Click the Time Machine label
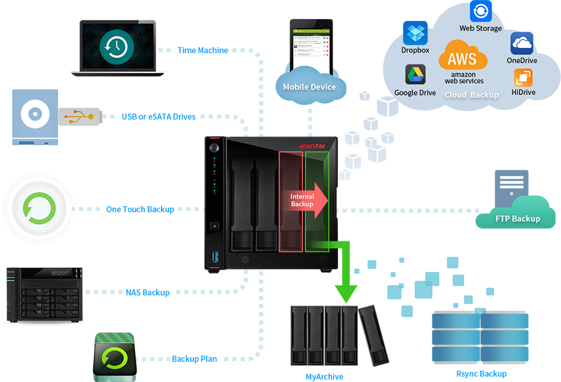click(x=203, y=50)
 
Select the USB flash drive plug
click(x=79, y=116)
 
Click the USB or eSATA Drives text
click(x=158, y=117)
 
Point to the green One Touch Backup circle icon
click(x=39, y=209)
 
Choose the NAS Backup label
click(x=148, y=292)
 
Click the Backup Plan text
click(x=194, y=359)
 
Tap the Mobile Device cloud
click(x=309, y=87)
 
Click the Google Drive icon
click(x=415, y=75)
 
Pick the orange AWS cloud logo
click(x=463, y=58)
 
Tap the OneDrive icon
click(x=522, y=43)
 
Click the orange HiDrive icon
click(x=523, y=78)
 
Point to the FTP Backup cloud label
click(x=517, y=219)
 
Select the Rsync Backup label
click(x=481, y=374)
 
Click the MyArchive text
click(x=325, y=377)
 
